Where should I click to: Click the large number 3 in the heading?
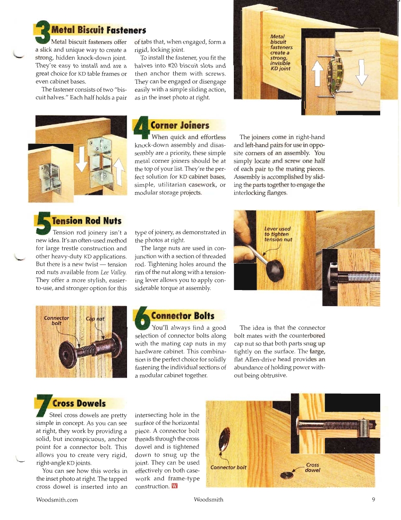click(43, 33)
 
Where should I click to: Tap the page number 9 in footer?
click(373, 499)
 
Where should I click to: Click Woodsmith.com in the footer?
click(57, 499)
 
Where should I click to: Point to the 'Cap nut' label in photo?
click(94, 318)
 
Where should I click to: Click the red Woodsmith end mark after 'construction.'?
click(175, 486)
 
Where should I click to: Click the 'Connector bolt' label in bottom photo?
click(229, 467)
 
